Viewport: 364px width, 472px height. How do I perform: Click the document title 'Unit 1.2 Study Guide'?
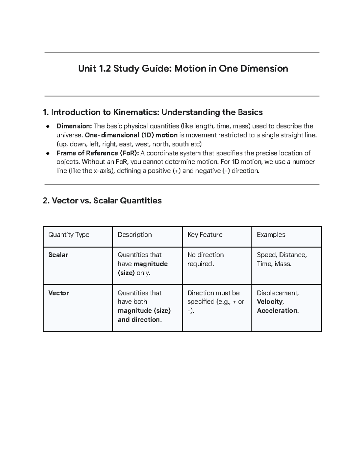pyautogui.click(x=183, y=68)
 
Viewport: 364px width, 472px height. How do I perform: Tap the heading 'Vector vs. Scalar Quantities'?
pyautogui.click(x=102, y=201)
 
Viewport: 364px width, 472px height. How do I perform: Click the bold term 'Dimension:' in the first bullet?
pyautogui.click(x=74, y=126)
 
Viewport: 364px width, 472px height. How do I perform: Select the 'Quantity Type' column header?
pyautogui.click(x=69, y=235)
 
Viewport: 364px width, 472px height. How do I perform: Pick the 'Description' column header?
pyautogui.click(x=135, y=235)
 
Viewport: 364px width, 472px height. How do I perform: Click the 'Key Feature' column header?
pyautogui.click(x=205, y=235)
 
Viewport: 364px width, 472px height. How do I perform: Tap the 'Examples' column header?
pyautogui.click(x=271, y=235)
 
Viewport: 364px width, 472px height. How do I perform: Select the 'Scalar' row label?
pyautogui.click(x=58, y=255)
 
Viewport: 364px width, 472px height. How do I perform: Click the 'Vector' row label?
pyautogui.click(x=59, y=293)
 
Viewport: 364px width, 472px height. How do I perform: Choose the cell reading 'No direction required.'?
pyautogui.click(x=205, y=259)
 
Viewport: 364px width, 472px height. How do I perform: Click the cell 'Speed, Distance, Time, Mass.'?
pyautogui.click(x=281, y=259)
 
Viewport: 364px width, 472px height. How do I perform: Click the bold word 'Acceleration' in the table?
pyautogui.click(x=278, y=311)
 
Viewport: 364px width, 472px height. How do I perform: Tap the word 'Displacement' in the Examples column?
pyautogui.click(x=277, y=293)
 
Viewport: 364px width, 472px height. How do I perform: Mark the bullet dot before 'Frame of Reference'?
pyautogui.click(x=48, y=153)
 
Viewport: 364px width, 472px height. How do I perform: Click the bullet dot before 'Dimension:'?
pyautogui.click(x=48, y=126)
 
